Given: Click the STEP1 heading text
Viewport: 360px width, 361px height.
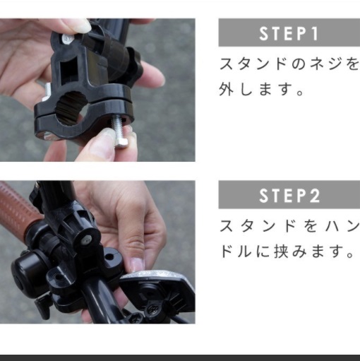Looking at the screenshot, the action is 289,34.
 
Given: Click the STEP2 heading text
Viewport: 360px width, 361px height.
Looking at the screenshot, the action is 289,196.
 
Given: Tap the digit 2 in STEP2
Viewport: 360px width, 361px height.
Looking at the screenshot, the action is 315,196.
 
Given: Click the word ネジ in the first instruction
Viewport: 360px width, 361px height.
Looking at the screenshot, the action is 325,64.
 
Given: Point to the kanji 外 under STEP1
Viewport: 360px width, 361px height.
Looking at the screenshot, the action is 227,89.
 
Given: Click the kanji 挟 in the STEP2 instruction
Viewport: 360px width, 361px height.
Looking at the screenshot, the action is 282,251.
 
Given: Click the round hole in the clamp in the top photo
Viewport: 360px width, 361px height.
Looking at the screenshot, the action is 71,109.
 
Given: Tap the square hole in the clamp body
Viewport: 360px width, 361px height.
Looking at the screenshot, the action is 68,69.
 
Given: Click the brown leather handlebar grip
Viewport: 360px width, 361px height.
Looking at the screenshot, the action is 19,206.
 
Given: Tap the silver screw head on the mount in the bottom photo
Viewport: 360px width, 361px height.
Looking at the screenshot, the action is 86,240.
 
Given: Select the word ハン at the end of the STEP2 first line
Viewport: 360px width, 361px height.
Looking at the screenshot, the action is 345,226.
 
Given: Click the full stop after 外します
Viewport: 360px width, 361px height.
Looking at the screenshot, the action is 300,92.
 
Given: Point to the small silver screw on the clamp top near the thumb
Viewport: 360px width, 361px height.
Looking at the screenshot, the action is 67,39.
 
